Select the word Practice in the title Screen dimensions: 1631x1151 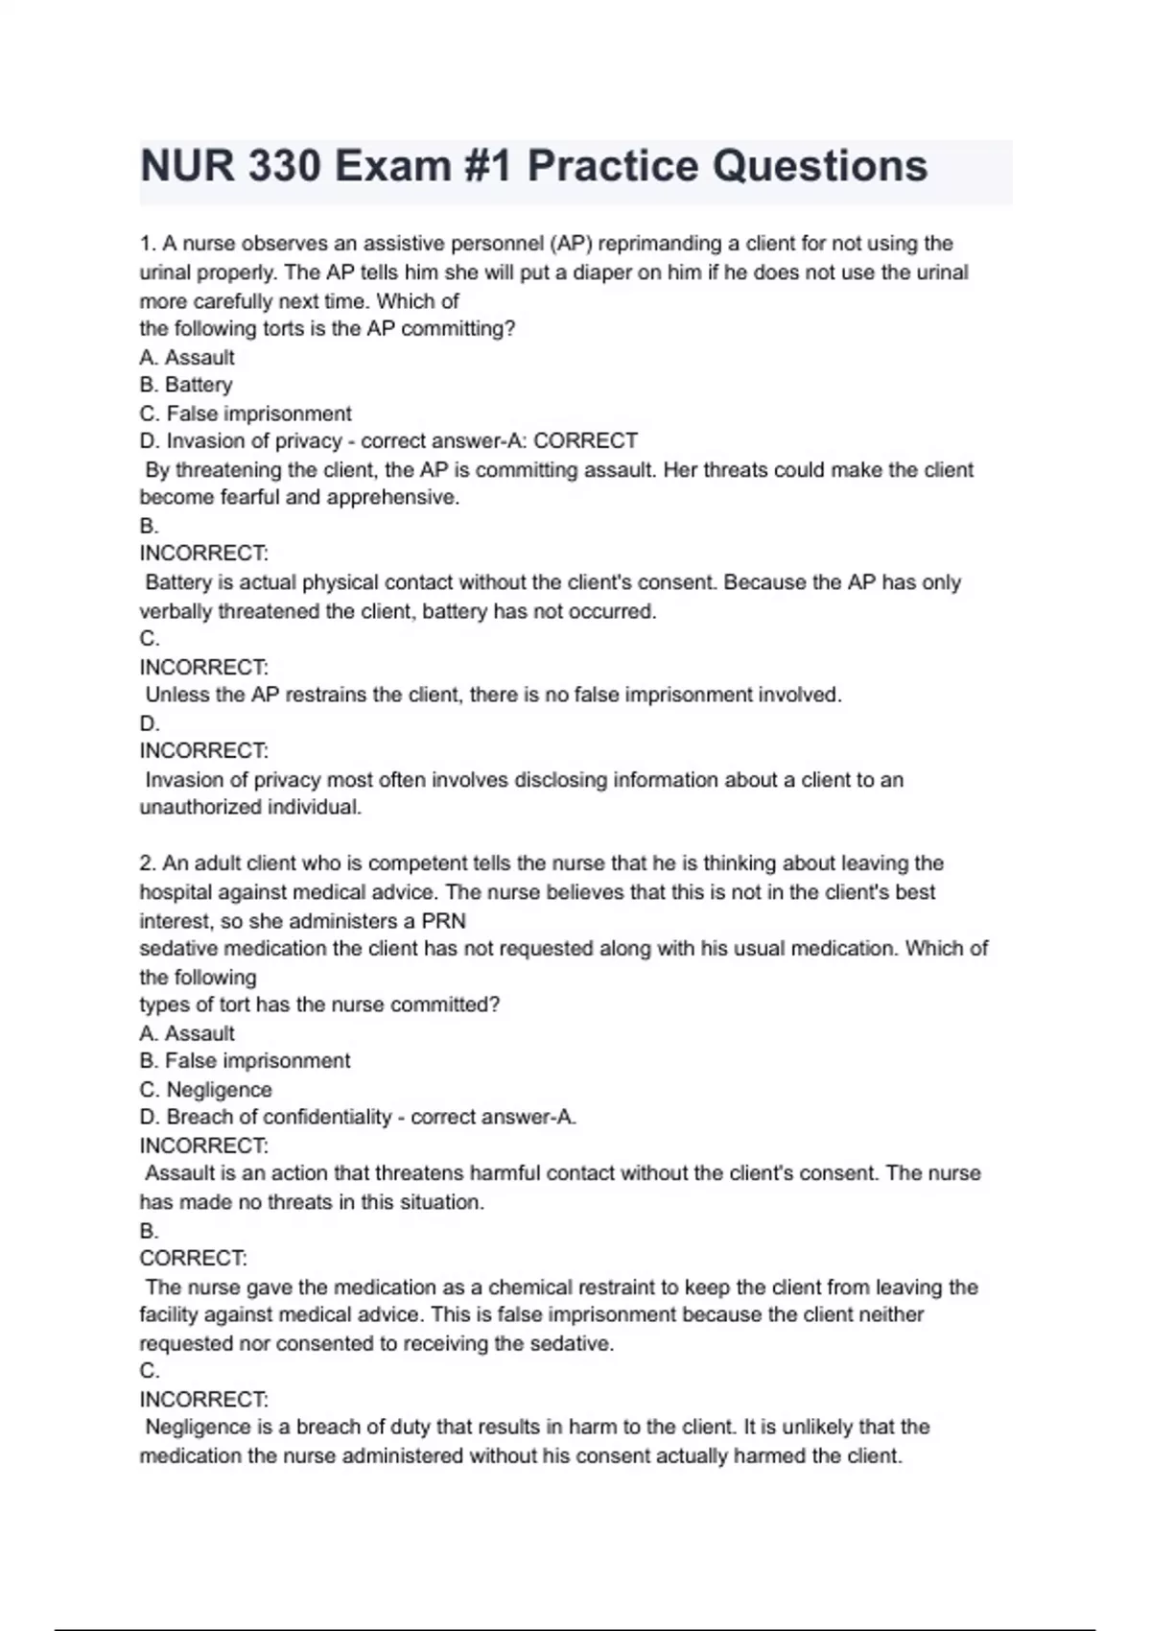point(613,166)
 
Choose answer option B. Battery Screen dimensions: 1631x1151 point(186,385)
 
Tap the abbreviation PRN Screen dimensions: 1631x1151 point(443,921)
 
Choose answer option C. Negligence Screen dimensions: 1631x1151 point(205,1090)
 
